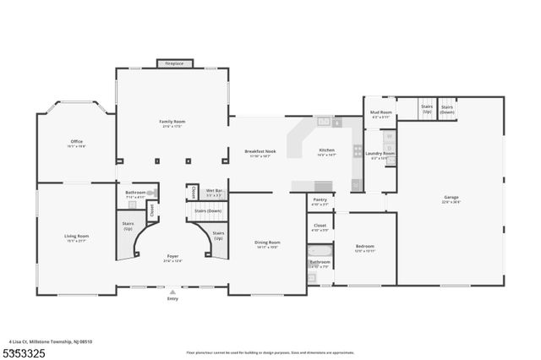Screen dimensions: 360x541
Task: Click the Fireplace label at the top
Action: point(175,63)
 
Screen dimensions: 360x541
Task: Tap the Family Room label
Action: point(172,123)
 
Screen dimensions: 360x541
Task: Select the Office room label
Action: point(77,144)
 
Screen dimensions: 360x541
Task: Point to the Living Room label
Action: point(76,237)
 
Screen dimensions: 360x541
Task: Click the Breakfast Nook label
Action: point(260,153)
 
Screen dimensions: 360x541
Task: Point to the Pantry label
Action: point(320,201)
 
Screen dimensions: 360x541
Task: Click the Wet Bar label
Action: point(216,192)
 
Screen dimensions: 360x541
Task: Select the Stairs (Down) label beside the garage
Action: point(447,109)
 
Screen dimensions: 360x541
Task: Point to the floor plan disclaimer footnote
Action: point(270,352)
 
